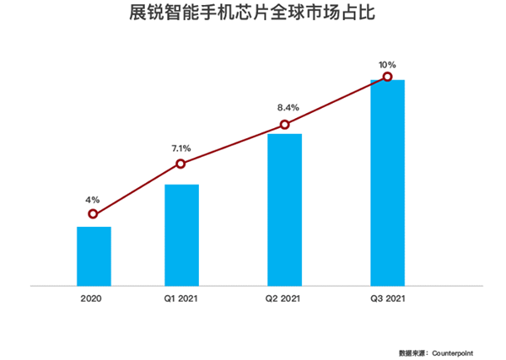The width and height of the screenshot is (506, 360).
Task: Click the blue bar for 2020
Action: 94,256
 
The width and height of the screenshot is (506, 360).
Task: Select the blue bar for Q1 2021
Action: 181,235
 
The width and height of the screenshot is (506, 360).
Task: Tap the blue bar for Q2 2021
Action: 285,210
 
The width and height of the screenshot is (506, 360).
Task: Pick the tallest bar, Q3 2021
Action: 388,183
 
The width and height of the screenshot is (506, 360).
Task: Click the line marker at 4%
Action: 93,214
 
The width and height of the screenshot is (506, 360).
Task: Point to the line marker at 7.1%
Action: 180,164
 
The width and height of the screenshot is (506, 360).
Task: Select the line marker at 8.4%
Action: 285,125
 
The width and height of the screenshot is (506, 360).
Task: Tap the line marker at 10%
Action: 388,77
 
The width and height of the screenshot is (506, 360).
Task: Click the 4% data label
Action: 92,200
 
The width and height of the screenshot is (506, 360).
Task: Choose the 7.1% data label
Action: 181,148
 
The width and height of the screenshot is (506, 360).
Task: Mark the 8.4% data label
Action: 288,107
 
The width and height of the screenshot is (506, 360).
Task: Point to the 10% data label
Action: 387,65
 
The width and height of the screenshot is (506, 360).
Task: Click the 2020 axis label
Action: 91,298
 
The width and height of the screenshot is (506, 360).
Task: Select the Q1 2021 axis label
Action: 180,298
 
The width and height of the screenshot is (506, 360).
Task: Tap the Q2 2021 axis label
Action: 283,298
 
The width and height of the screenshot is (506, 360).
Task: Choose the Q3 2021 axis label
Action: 388,298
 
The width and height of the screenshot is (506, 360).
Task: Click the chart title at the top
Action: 252,13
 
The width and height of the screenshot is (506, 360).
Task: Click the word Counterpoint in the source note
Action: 452,353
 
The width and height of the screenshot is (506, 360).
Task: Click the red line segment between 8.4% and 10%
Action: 336,100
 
